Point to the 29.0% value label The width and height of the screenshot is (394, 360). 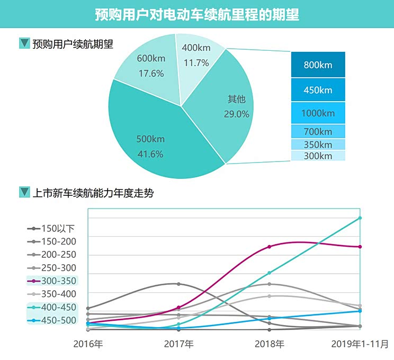point(237,114)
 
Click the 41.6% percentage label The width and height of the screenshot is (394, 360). point(150,154)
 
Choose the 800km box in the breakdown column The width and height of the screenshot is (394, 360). point(318,65)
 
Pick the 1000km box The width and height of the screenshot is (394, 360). point(318,113)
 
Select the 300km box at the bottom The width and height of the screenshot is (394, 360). point(318,156)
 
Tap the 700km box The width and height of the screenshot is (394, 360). point(318,131)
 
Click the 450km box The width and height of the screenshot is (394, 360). point(318,90)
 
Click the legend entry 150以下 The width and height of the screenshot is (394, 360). point(51,229)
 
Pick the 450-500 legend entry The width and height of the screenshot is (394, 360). point(51,320)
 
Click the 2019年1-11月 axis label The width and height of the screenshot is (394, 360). point(360,344)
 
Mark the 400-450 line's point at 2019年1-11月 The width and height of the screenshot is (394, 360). point(360,218)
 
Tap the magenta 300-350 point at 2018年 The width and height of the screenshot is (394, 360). point(270,247)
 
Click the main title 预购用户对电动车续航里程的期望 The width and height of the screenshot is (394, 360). point(197,14)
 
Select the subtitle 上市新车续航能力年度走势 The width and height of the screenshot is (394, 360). point(93,193)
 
